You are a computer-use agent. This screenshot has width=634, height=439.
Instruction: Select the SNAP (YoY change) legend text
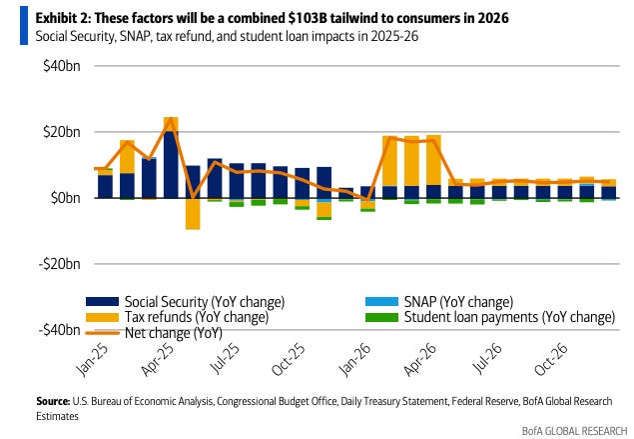[x=460, y=301]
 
